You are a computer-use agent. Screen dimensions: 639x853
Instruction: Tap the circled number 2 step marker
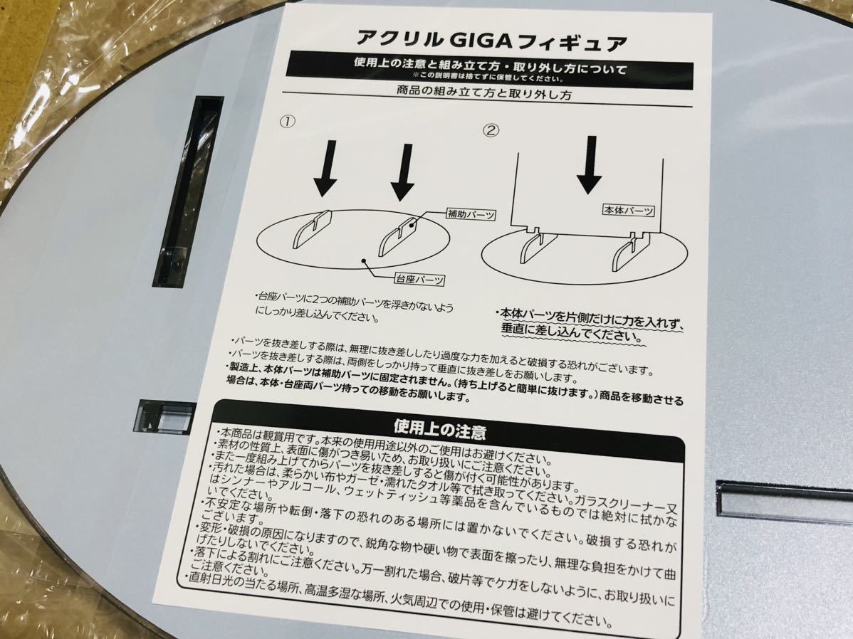tap(491, 130)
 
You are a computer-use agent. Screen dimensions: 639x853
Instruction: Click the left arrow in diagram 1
tap(325, 168)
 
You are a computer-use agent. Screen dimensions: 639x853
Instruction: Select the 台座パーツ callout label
tap(419, 279)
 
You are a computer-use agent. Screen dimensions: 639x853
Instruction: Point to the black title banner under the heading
tap(490, 70)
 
